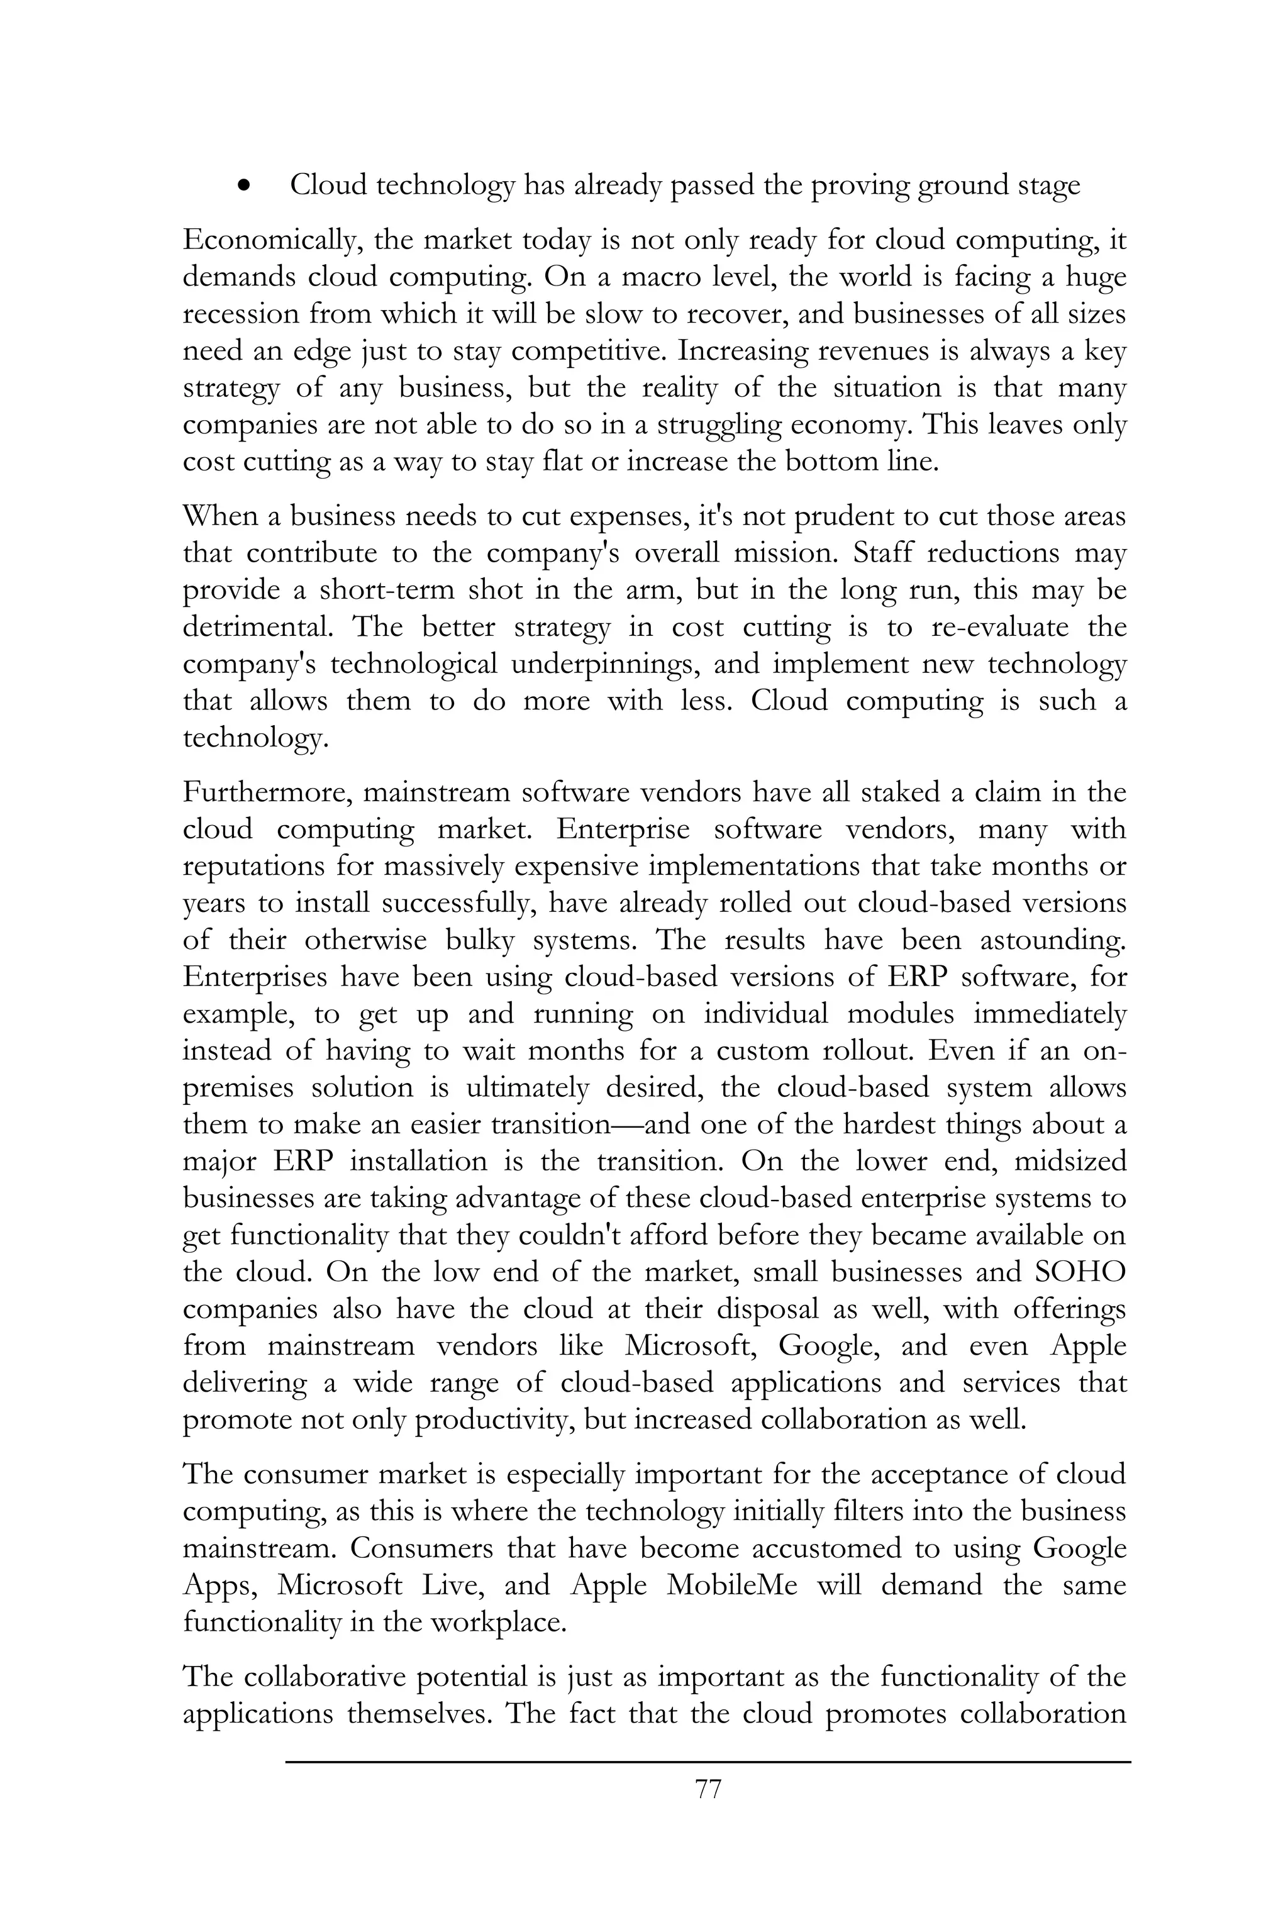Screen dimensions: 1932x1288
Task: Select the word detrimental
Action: click(257, 628)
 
